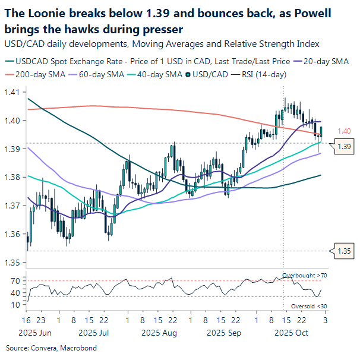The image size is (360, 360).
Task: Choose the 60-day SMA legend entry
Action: (91, 75)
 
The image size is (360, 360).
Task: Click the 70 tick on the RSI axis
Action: (15, 280)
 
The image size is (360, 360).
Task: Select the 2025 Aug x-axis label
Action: (160, 333)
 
